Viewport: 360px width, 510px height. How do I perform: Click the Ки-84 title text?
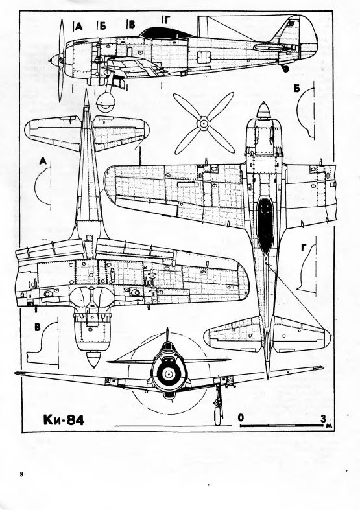click(x=64, y=419)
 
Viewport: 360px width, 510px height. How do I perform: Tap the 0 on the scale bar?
click(x=241, y=417)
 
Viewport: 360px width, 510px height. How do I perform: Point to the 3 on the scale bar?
click(x=323, y=418)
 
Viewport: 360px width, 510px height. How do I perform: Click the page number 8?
click(x=21, y=474)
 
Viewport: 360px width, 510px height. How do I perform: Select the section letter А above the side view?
click(x=78, y=27)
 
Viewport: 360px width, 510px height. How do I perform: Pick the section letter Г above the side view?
click(x=166, y=20)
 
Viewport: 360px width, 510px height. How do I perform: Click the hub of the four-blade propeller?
click(x=204, y=124)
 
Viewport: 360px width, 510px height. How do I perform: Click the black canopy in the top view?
click(x=265, y=224)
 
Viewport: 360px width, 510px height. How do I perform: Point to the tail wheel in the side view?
click(x=285, y=68)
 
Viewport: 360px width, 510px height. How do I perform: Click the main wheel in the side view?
click(x=106, y=101)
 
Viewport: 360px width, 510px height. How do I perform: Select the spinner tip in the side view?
click(x=50, y=60)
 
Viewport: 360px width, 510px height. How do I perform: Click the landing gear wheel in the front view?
click(x=217, y=416)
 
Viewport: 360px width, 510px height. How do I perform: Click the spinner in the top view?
click(x=264, y=110)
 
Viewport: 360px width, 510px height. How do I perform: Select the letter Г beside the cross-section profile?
click(x=304, y=248)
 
